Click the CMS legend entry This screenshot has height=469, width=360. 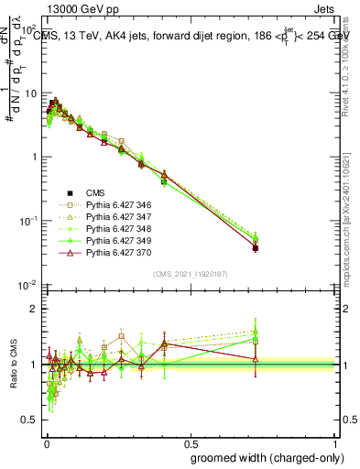(94, 192)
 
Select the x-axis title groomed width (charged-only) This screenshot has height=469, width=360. (264, 456)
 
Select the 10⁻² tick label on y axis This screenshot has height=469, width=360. (30, 285)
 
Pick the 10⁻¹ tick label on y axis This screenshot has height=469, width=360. (30, 221)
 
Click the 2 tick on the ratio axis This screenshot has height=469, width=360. (36, 309)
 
